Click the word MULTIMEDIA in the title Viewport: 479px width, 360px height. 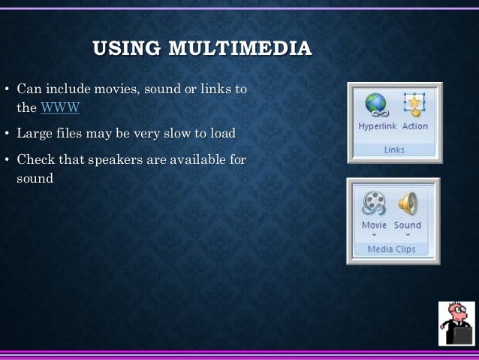pyautogui.click(x=239, y=50)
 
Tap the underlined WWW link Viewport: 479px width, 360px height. pyautogui.click(x=61, y=108)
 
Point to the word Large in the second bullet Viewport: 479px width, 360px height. pyautogui.click(x=35, y=135)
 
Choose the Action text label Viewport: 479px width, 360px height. pyautogui.click(x=415, y=126)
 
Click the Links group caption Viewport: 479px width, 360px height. pyautogui.click(x=394, y=149)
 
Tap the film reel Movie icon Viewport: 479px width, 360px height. pyautogui.click(x=374, y=203)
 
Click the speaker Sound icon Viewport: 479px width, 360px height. pyautogui.click(x=408, y=203)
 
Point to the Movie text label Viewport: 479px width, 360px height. pyautogui.click(x=374, y=225)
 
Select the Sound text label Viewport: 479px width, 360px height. pyautogui.click(x=408, y=225)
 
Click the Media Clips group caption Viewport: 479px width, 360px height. pyautogui.click(x=391, y=249)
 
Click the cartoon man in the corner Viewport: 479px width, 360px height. pyautogui.click(x=456, y=323)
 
